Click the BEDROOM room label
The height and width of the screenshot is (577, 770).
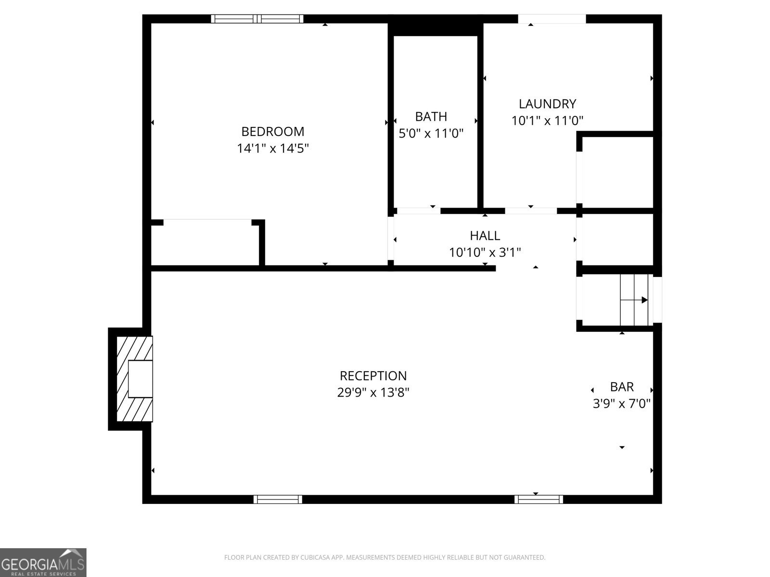272,132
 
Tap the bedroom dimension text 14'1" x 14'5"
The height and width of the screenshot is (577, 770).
272,149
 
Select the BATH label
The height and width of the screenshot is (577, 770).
431,117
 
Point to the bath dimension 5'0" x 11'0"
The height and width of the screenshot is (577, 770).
431,134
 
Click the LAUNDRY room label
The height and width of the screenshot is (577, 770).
547,104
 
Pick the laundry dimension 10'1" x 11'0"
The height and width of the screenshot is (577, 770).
547,121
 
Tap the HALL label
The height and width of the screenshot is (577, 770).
485,236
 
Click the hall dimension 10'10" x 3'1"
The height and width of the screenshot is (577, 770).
485,252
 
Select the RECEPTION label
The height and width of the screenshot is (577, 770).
373,376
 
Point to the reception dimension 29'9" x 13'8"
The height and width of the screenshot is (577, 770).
373,392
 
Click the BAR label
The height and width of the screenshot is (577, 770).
622,387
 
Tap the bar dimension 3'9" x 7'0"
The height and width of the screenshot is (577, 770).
622,404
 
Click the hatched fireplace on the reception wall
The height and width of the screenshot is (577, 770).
135,379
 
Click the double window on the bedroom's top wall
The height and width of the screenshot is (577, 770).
257,19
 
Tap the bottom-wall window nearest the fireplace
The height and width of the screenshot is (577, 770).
278,499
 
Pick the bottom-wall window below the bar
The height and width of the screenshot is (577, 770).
539,499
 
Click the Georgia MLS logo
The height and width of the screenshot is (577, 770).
43,562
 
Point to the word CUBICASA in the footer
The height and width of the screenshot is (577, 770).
314,557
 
